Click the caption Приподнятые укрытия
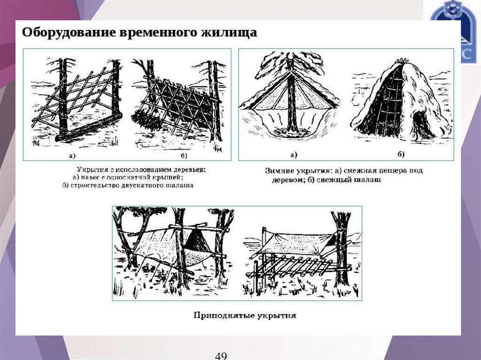click(245, 315)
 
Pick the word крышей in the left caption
click(167, 177)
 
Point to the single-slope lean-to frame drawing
click(78, 101)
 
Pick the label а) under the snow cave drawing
click(294, 154)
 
